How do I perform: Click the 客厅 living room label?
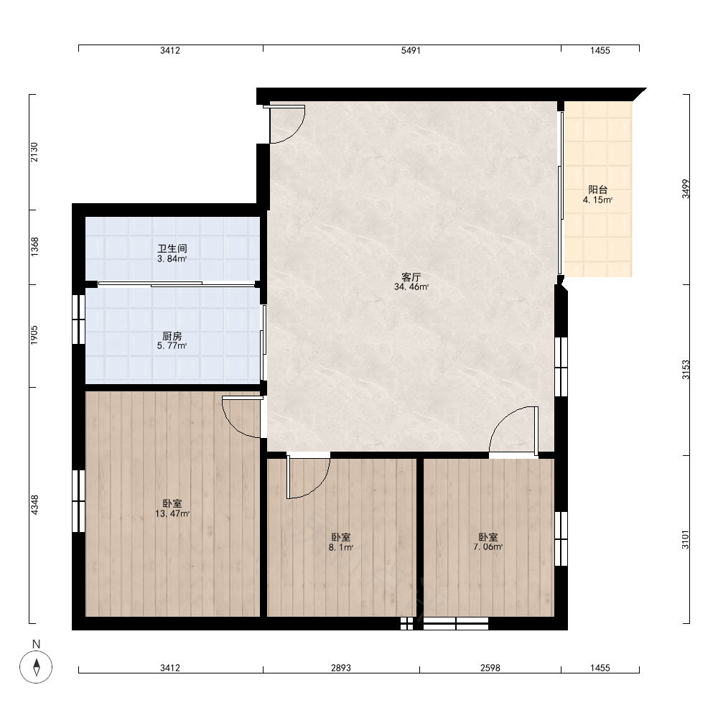coord(411,277)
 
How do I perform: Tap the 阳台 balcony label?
coord(597,190)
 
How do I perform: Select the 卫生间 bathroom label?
coord(172,248)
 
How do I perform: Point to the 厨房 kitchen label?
coord(172,335)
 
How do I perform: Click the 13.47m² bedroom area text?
coord(172,514)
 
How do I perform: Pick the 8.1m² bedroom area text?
coord(341,547)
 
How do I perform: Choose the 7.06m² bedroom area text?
coord(488,546)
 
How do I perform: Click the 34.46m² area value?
coord(411,287)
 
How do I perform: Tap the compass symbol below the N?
coord(36,667)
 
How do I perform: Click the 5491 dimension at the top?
coord(411,50)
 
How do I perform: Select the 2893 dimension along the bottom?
coord(341,668)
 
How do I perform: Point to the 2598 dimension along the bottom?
coord(490,668)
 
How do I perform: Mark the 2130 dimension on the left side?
coord(34,152)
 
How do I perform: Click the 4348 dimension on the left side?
coord(34,505)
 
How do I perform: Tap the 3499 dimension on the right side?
coord(686,189)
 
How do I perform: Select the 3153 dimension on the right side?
coord(686,370)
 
